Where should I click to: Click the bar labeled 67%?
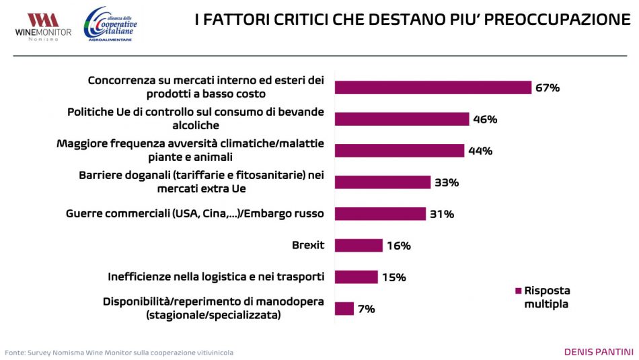[x=433, y=87]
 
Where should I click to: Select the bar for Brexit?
[x=359, y=246]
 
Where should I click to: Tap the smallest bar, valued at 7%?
[x=344, y=309]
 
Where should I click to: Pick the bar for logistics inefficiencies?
[x=356, y=277]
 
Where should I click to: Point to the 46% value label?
[x=485, y=120]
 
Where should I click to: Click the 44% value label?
[x=480, y=151]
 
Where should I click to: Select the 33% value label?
[x=446, y=182]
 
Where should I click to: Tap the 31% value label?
[x=442, y=214]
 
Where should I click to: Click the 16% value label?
[x=399, y=246]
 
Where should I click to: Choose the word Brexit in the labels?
[x=308, y=245]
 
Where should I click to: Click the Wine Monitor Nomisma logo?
[x=43, y=26]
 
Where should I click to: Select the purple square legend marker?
[x=518, y=291]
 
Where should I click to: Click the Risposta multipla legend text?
[x=547, y=297]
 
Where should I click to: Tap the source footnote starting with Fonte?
[x=119, y=353]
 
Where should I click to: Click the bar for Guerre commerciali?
[x=380, y=214]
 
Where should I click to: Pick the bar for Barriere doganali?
[x=382, y=182]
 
